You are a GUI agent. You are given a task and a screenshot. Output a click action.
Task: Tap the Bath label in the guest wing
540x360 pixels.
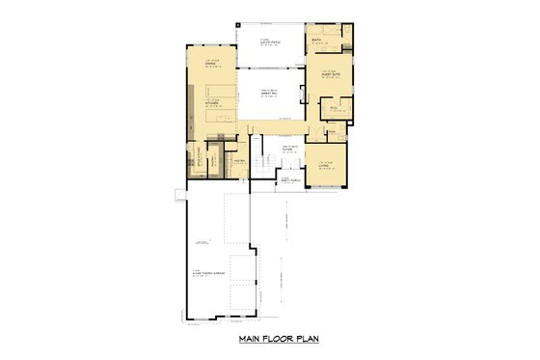pos(315,41)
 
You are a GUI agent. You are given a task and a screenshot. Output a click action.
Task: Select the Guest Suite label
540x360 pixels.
pos(329,74)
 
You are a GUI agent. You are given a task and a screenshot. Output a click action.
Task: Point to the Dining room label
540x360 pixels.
pos(209,65)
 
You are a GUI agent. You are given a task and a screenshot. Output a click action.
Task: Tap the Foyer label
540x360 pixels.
pos(287,150)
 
